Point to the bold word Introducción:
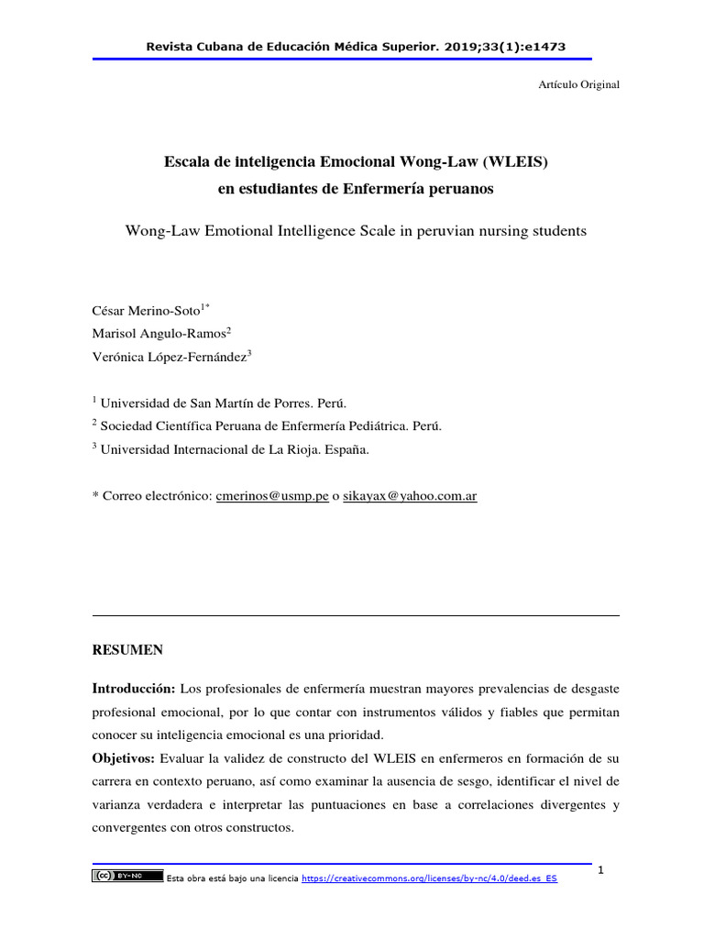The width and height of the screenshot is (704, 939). click(134, 688)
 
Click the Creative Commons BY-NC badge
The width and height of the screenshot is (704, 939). click(127, 877)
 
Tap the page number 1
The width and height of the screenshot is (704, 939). click(601, 869)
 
